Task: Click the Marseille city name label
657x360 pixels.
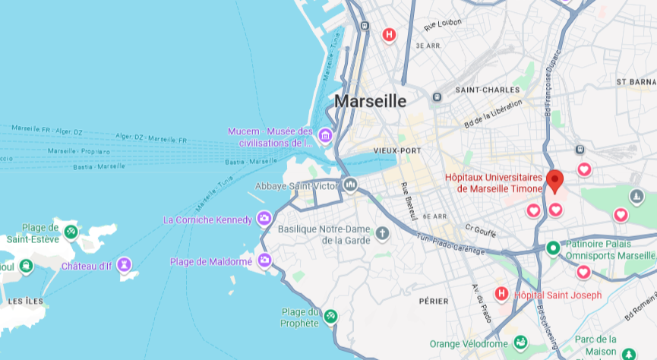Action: pos(370,101)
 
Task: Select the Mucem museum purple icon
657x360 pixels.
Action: pos(325,137)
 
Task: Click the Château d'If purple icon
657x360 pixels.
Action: pos(125,265)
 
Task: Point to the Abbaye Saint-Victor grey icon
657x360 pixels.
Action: pos(350,184)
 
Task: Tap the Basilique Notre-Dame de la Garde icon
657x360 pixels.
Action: pos(382,232)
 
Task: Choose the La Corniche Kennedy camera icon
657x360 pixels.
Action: pos(264,219)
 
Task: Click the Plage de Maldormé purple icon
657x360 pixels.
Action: pos(264,261)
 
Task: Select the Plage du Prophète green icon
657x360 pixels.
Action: pos(330,315)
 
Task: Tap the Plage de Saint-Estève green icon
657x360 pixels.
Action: pos(71,231)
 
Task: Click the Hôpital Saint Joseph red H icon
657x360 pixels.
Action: pos(501,293)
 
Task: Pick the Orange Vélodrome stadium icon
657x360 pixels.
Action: pos(520,343)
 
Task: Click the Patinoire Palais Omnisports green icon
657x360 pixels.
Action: pos(554,248)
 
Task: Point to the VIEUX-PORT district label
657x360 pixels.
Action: pos(397,150)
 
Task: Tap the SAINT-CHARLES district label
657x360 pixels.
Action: pos(482,90)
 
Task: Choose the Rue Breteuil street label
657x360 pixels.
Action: pos(409,201)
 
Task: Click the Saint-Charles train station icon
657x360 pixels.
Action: pos(437,97)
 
